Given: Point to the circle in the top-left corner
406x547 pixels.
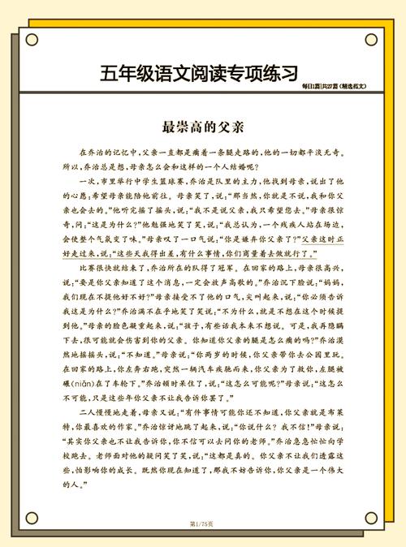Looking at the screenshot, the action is (32, 39).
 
